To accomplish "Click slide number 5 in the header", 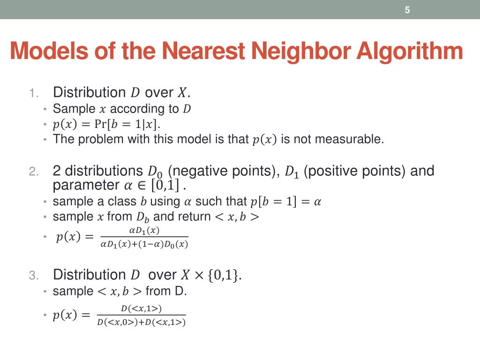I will (407, 10).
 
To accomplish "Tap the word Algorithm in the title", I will (409, 51).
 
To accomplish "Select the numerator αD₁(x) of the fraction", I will (144, 231).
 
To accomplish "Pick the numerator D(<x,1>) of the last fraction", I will (141, 308).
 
